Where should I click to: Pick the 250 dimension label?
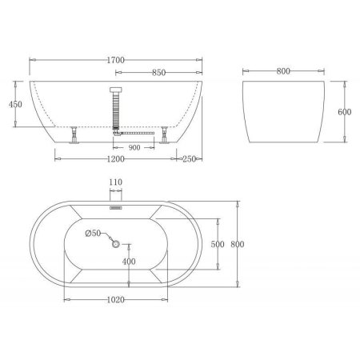point(190,159)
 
